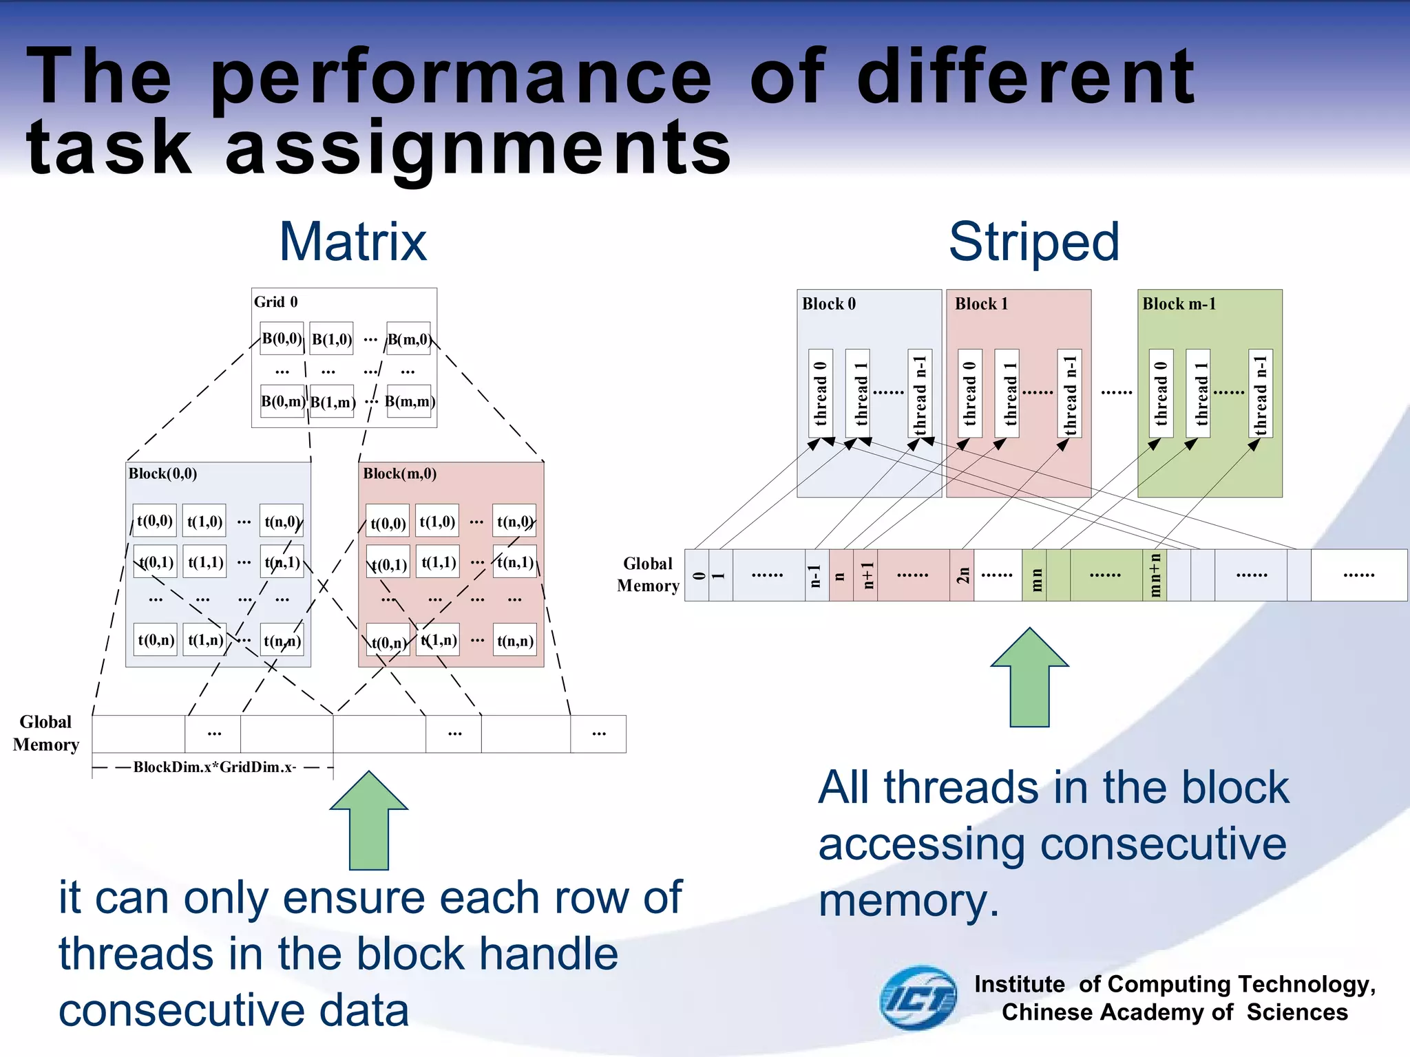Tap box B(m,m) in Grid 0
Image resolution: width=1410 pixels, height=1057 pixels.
pyautogui.click(x=409, y=401)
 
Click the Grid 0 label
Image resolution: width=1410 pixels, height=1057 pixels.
pyautogui.click(x=275, y=302)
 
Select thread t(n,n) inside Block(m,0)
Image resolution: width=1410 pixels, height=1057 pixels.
pyautogui.click(x=515, y=641)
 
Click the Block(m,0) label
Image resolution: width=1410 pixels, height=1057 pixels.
pyautogui.click(x=399, y=473)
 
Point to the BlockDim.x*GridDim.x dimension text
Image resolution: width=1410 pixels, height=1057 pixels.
pyautogui.click(x=214, y=767)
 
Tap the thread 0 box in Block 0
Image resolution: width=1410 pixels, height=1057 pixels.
pyautogui.click(x=820, y=393)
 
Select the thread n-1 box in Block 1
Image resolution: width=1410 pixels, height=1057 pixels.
pyautogui.click(x=1069, y=393)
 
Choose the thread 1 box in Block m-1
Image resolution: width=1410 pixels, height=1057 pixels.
pyautogui.click(x=1198, y=393)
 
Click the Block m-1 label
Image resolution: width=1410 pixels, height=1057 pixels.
pyautogui.click(x=1179, y=303)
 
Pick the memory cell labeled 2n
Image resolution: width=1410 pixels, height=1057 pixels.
pyautogui.click(x=962, y=575)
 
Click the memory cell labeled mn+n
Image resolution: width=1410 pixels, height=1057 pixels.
pyautogui.click(x=1155, y=575)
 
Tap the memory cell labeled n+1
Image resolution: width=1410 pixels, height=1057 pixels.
pyautogui.click(x=865, y=575)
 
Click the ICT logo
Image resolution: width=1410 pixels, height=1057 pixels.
pyautogui.click(x=918, y=998)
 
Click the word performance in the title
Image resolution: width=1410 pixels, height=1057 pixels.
pyautogui.click(x=460, y=77)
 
